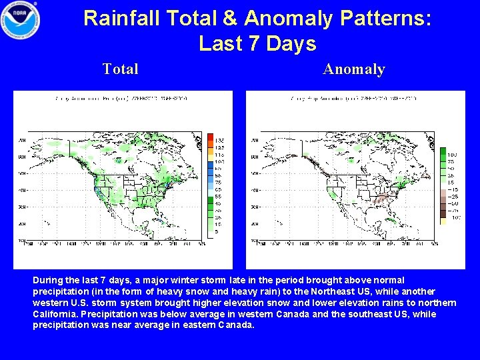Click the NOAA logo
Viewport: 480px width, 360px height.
click(20, 21)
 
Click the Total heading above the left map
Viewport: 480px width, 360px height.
click(121, 69)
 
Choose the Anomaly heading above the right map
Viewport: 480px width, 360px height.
click(354, 69)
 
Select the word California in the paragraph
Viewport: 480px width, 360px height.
click(55, 314)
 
